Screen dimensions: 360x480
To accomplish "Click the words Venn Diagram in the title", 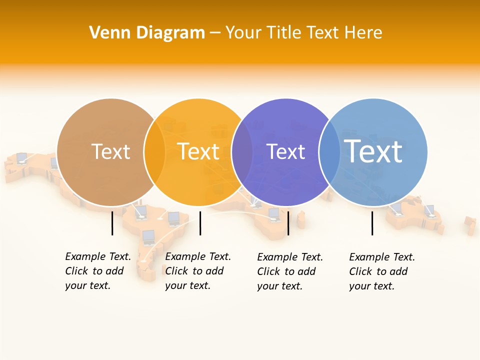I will click(x=147, y=33).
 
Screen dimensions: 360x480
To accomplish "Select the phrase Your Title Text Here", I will click(x=303, y=33).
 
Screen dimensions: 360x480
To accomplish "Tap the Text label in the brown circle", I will click(x=110, y=151).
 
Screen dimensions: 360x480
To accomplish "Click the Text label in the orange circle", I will click(x=198, y=151).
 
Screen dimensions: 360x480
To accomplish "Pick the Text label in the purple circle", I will click(x=285, y=151).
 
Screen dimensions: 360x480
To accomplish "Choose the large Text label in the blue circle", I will click(x=373, y=151).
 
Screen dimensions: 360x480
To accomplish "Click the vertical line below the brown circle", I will click(x=112, y=223).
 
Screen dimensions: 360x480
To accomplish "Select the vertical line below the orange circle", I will click(x=200, y=223).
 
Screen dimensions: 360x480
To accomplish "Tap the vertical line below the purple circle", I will click(x=288, y=223).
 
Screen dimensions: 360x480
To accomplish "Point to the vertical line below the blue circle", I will click(x=372, y=223).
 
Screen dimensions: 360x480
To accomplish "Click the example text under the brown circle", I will click(x=98, y=271).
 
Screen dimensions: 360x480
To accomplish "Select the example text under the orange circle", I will click(x=198, y=271).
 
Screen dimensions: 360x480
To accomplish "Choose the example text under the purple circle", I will click(x=290, y=271).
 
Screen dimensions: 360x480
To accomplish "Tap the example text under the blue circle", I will click(x=382, y=271).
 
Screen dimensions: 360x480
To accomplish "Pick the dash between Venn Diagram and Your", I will click(x=215, y=33).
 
